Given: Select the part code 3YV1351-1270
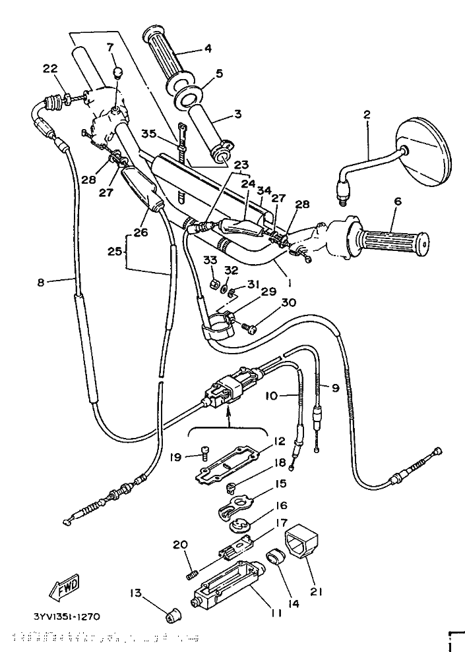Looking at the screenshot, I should pyautogui.click(x=67, y=617).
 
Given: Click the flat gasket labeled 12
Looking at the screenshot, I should pyautogui.click(x=228, y=464).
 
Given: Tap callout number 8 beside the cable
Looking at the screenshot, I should pyautogui.click(x=42, y=283).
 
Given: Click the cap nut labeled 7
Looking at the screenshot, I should pyautogui.click(x=117, y=72).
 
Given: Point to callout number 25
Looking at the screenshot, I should pyautogui.click(x=115, y=252).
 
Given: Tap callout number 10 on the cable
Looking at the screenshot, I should pyautogui.click(x=273, y=396).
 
